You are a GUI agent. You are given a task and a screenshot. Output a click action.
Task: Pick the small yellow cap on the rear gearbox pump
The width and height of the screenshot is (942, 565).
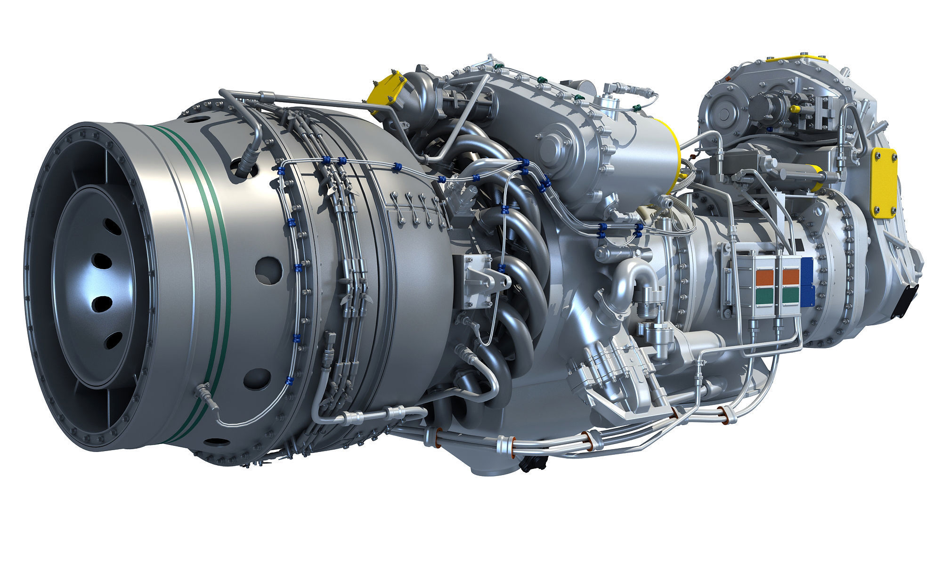[x=795, y=109]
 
